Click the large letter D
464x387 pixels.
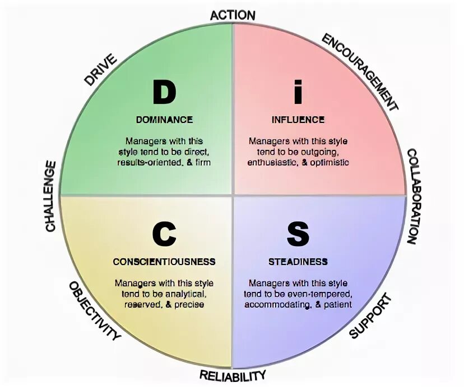click(164, 92)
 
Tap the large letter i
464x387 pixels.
click(298, 92)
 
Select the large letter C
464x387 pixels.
click(164, 234)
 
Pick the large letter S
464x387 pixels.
click(298, 234)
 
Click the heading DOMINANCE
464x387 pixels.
click(164, 120)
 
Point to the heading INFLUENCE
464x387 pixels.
click(298, 120)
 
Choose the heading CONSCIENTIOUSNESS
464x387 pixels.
click(164, 262)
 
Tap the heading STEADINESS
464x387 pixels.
click(298, 262)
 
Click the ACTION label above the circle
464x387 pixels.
click(233, 15)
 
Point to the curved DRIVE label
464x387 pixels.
click(100, 69)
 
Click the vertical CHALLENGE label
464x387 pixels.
click(50, 196)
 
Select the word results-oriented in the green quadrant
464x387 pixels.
click(148, 163)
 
